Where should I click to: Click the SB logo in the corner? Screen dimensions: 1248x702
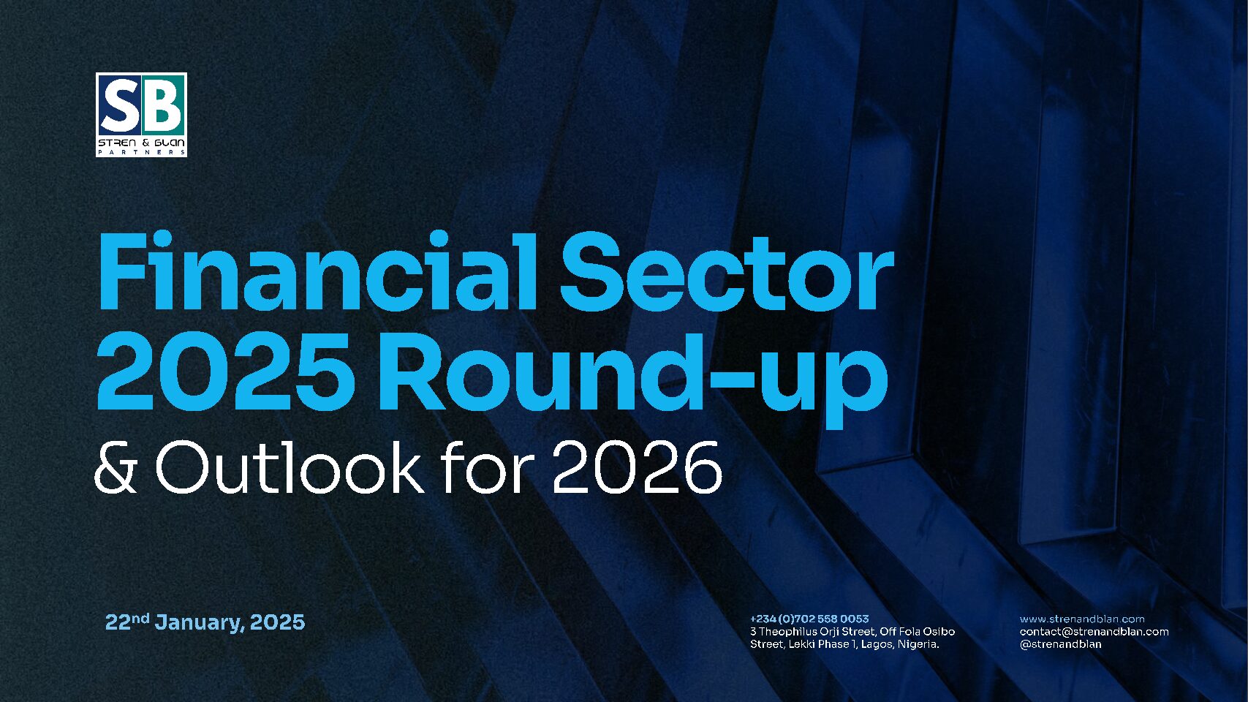point(141,115)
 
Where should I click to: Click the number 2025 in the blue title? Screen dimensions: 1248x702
point(226,371)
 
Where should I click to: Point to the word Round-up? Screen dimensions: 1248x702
point(632,379)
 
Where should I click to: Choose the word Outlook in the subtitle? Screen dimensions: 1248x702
point(290,467)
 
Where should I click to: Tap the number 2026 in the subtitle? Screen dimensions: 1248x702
point(636,467)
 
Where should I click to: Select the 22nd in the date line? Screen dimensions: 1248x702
point(127,621)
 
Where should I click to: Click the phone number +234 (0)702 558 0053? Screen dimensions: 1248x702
point(809,619)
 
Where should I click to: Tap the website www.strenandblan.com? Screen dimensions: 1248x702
point(1082,619)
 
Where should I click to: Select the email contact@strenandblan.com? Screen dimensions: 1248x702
point(1094,632)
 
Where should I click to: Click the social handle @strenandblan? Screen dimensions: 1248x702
point(1060,645)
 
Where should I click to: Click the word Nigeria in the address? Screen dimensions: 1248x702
point(918,645)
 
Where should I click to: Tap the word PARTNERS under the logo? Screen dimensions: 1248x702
point(142,152)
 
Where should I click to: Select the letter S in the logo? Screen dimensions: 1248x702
point(121,108)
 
